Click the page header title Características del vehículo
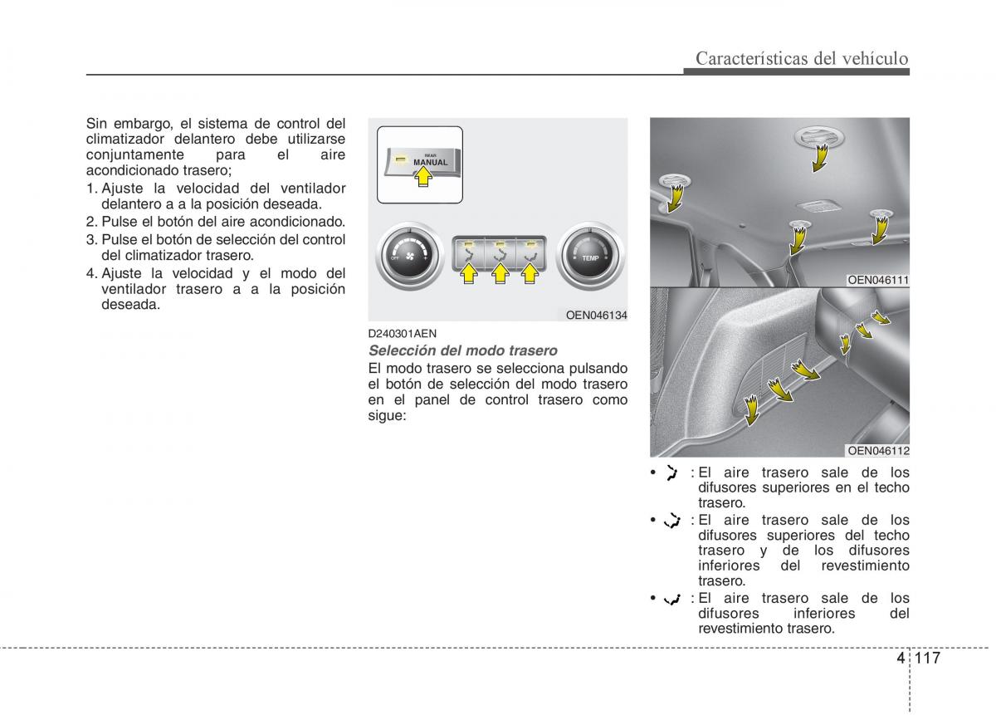pyautogui.click(x=802, y=58)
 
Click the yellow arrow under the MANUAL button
pyautogui.click(x=422, y=178)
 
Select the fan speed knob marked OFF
pyautogui.click(x=409, y=256)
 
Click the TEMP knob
pyautogui.click(x=590, y=256)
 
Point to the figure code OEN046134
pyautogui.click(x=596, y=315)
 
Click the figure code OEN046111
pyautogui.click(x=878, y=280)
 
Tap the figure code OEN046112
pyautogui.click(x=878, y=450)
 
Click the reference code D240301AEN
pyautogui.click(x=402, y=334)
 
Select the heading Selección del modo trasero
pyautogui.click(x=462, y=350)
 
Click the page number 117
pyautogui.click(x=928, y=658)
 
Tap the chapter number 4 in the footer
pyautogui.click(x=901, y=658)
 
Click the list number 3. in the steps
pyautogui.click(x=91, y=239)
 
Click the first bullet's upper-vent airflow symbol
pyautogui.click(x=671, y=473)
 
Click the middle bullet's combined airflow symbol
pyautogui.click(x=671, y=520)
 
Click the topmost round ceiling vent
pyautogui.click(x=819, y=136)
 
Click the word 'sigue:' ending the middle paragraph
pyautogui.click(x=387, y=415)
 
